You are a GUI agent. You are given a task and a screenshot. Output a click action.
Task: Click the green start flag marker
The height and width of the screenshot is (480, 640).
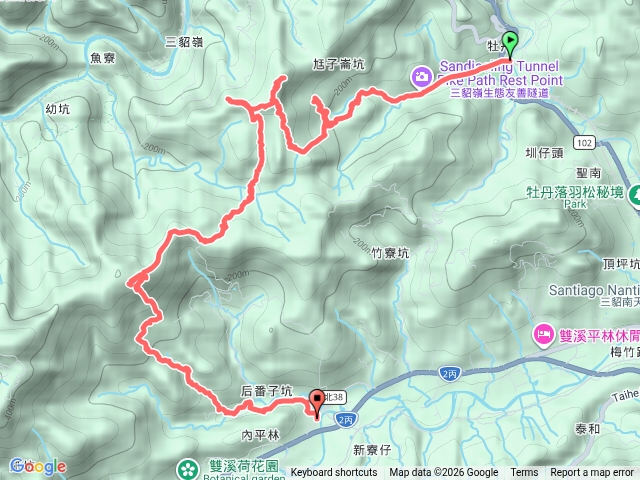click(510, 43)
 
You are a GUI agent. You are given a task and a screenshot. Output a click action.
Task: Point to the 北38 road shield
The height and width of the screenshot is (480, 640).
click(335, 397)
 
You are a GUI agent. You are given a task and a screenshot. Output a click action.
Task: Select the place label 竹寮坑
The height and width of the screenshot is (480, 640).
click(388, 254)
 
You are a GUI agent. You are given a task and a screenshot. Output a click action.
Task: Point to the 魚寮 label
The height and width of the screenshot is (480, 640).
click(103, 59)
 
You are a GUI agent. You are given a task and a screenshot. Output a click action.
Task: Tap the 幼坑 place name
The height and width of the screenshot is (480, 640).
click(57, 108)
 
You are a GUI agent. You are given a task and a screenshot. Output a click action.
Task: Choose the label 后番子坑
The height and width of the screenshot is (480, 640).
click(267, 391)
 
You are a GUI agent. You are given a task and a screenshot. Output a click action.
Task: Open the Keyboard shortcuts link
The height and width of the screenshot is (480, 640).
click(334, 473)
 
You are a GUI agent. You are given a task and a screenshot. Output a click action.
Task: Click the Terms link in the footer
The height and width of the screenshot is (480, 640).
click(524, 473)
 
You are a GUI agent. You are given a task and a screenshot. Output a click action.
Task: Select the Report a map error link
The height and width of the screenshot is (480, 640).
click(592, 473)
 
